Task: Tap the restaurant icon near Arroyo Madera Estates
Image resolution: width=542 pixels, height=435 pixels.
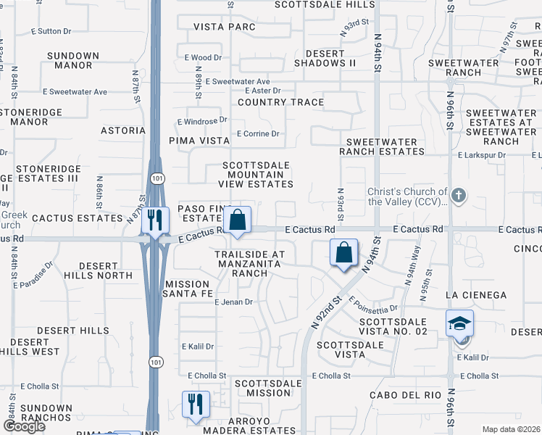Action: [x=195, y=403]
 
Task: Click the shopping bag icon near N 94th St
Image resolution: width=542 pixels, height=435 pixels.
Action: [x=344, y=254]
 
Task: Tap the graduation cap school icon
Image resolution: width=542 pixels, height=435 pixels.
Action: [x=459, y=323]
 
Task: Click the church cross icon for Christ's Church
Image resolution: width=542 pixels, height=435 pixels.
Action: [x=458, y=196]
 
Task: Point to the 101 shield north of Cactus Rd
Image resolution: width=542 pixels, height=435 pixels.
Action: [x=157, y=178]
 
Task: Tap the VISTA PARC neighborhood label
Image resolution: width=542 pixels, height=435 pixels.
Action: [x=225, y=28]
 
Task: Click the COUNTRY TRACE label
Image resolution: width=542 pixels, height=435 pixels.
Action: [x=280, y=102]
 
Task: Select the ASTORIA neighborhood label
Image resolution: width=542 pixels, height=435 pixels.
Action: [x=122, y=131]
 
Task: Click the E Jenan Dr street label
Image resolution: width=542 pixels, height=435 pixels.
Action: [x=233, y=302]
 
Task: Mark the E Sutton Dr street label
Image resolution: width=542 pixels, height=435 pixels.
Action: [x=51, y=32]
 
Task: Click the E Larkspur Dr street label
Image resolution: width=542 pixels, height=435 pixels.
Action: [x=482, y=155]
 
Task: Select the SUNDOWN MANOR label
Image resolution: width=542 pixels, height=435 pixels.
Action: [x=72, y=60]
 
